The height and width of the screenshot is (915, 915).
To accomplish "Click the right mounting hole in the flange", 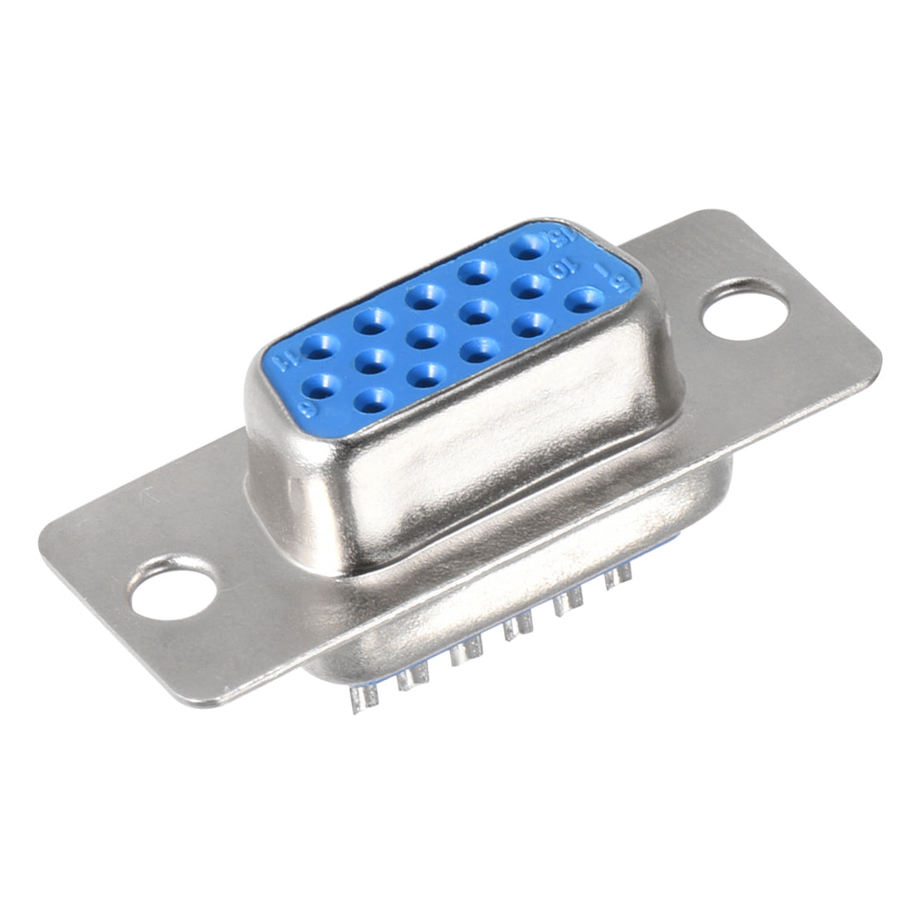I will pos(744,316).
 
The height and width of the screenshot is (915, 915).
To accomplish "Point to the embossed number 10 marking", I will pos(564,272).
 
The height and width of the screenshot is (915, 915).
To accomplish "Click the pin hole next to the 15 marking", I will pos(527,247).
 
